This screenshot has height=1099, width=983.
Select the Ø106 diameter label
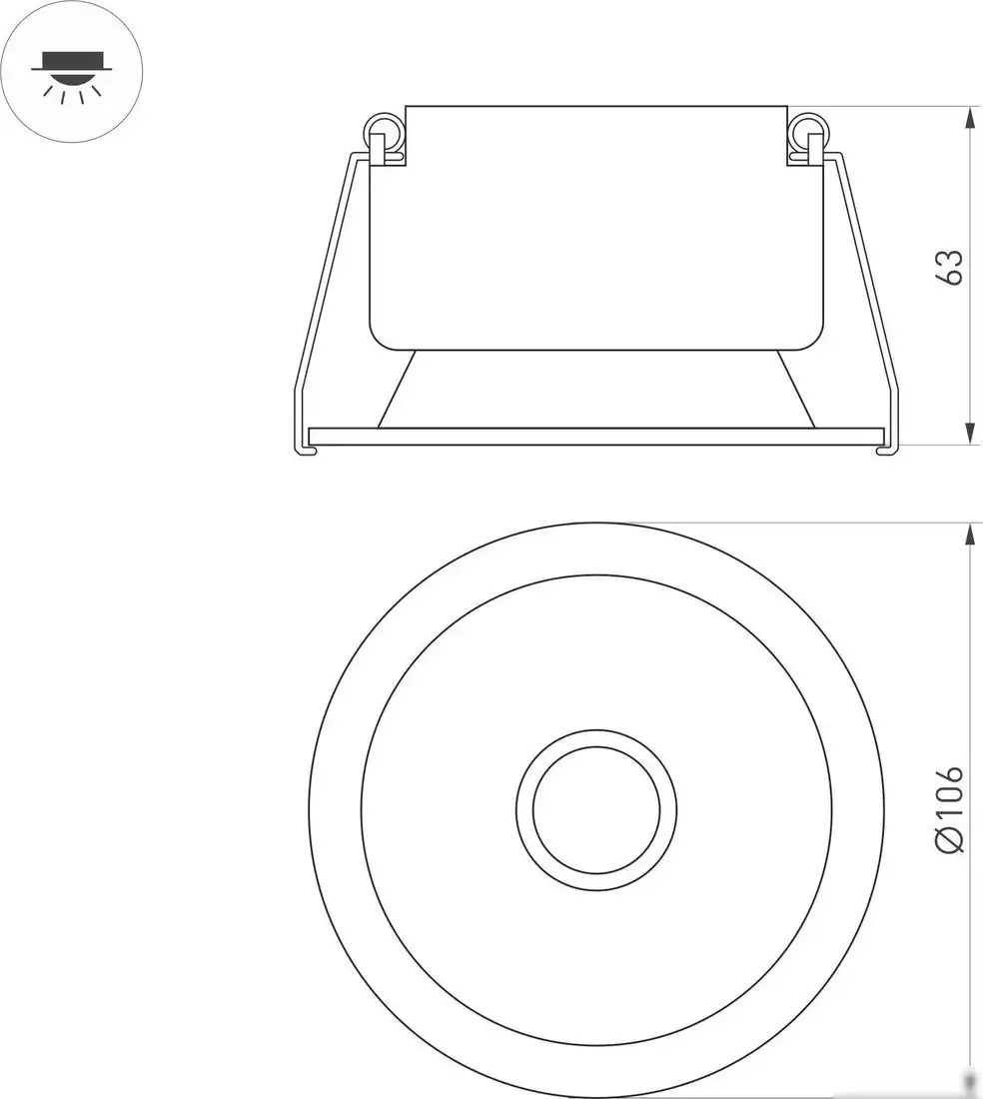pyautogui.click(x=950, y=809)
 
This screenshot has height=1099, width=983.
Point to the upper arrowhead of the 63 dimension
pyautogui.click(x=969, y=118)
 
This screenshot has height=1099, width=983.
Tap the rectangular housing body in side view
pyautogui.click(x=596, y=230)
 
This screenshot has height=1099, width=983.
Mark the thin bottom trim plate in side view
pyautogui.click(x=596, y=436)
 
